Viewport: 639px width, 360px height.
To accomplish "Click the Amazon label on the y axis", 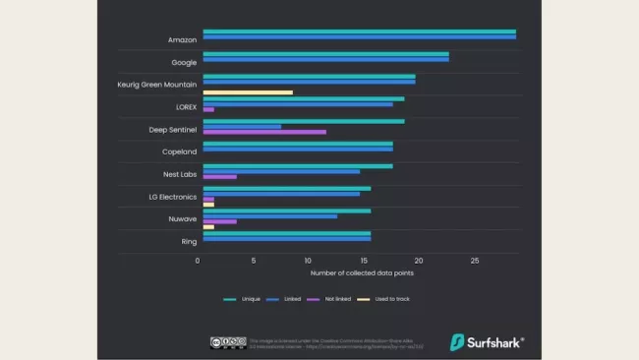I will point(182,40).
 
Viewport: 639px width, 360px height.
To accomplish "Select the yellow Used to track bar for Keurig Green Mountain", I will point(248,92).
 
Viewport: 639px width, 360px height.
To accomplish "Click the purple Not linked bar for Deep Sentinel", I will point(264,132).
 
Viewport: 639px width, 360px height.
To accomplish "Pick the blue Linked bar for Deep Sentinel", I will point(242,126).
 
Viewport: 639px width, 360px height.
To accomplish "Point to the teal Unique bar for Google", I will point(325,54).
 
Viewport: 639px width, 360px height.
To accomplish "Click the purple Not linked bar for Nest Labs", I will point(219,177).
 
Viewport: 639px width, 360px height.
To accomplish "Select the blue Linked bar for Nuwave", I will point(269,215).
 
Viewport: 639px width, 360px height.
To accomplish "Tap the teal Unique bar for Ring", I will point(286,233).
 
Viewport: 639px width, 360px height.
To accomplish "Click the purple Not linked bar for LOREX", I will point(208,109).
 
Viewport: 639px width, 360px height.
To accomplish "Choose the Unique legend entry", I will point(242,298).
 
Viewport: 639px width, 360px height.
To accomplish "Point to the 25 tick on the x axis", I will point(475,261).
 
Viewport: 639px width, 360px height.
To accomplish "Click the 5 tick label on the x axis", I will point(254,261).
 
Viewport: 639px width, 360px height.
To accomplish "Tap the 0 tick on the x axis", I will point(199,261).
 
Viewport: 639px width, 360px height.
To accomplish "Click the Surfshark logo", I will point(487,342).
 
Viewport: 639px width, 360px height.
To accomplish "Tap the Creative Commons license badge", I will point(226,342).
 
